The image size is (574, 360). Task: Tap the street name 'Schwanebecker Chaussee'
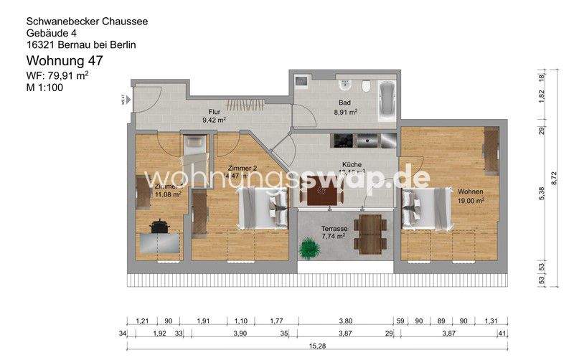tap(87, 22)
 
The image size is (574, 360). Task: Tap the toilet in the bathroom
tap(366, 87)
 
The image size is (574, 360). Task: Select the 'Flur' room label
tap(214, 112)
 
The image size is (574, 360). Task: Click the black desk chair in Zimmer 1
tap(159, 226)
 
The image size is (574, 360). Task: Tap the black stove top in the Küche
tap(342, 139)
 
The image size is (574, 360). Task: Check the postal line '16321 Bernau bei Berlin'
tap(81, 44)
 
